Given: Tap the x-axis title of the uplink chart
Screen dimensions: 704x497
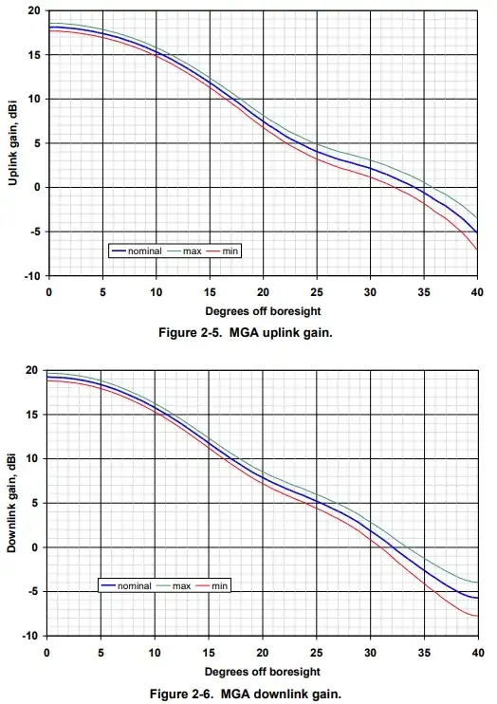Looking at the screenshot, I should pos(263,310).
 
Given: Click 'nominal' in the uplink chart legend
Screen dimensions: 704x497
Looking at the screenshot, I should pos(148,251).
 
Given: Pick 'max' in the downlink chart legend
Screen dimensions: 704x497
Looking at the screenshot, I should pos(182,586).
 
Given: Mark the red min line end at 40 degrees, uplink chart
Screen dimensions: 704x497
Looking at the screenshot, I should pos(477,250).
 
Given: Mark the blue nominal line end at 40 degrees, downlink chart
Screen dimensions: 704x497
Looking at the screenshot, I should pos(477,598).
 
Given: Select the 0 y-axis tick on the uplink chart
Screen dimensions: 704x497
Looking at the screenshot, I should pos(38,188).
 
